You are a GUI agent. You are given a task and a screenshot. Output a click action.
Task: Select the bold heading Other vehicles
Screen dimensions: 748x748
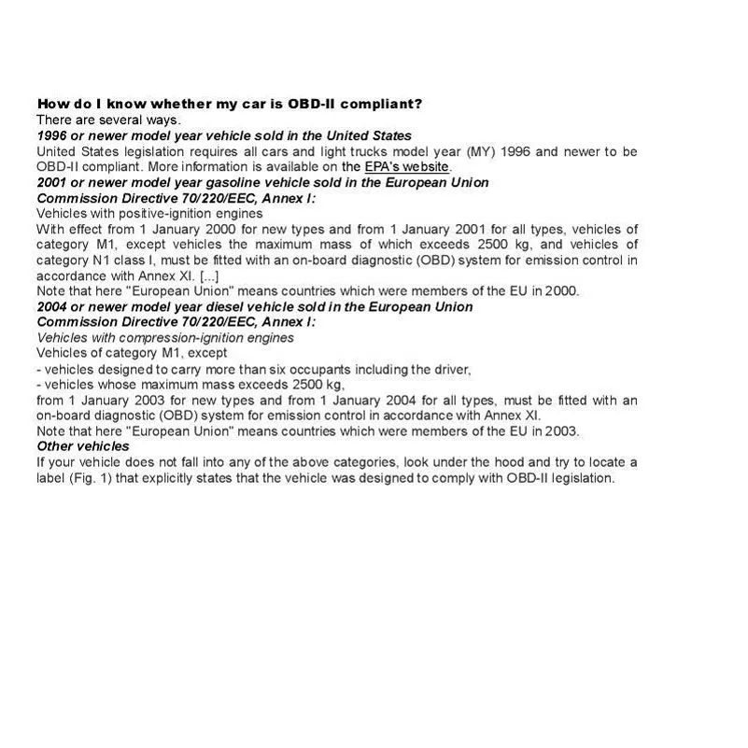(x=82, y=446)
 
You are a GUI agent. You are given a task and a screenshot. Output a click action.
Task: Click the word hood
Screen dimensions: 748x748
(x=515, y=462)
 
